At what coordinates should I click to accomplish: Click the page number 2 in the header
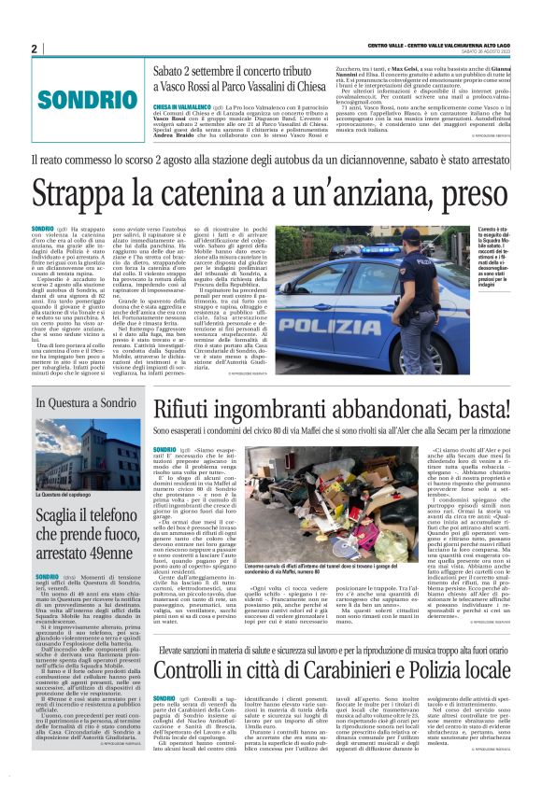[x=35, y=49]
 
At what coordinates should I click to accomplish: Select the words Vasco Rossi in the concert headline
[x=191, y=85]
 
